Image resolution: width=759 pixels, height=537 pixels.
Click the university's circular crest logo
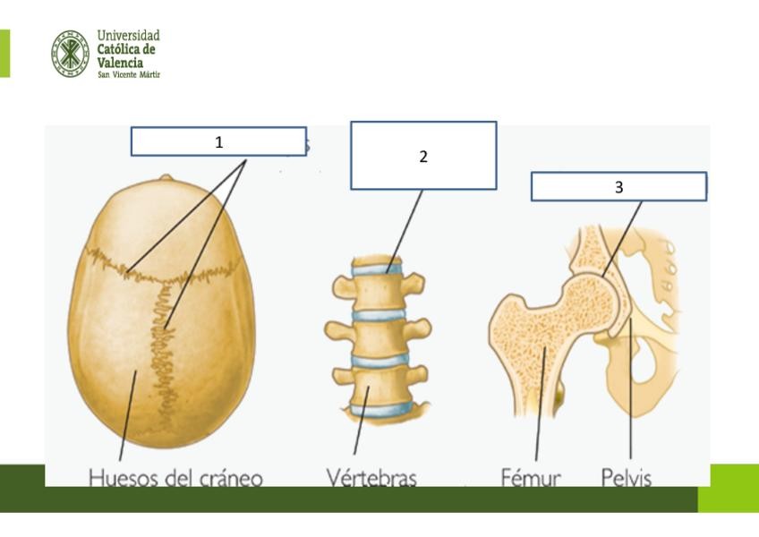(x=70, y=53)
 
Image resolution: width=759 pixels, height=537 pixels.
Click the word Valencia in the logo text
(x=120, y=63)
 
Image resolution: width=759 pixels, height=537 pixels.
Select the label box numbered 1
(x=218, y=141)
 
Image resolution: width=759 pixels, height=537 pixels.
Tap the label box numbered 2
(x=422, y=156)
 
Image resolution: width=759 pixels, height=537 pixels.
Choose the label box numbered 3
(x=618, y=186)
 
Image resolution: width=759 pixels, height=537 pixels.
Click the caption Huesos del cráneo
(x=175, y=478)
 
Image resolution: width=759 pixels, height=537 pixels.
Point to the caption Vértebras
(x=371, y=478)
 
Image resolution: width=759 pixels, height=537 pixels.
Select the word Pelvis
(x=627, y=478)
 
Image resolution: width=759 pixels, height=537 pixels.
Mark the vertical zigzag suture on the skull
(x=164, y=349)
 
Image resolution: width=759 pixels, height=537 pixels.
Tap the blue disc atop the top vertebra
(x=375, y=265)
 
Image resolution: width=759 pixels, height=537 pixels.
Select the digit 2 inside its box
(x=423, y=156)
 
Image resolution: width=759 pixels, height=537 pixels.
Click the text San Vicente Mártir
(x=129, y=74)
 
